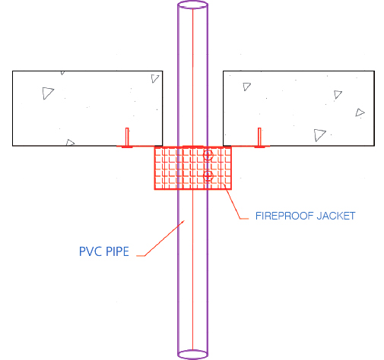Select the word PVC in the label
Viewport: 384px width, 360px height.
(x=90, y=251)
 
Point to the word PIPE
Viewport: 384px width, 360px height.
(x=117, y=251)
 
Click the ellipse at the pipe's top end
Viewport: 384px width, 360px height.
(x=192, y=2)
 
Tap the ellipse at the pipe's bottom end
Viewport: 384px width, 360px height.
(x=192, y=358)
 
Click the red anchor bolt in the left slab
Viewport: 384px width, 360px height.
(x=127, y=137)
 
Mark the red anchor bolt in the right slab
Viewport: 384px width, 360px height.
(x=259, y=137)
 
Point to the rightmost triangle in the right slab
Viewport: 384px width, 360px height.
(x=359, y=113)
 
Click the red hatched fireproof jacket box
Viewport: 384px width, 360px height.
(x=193, y=168)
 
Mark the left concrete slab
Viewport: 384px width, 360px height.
(x=87, y=109)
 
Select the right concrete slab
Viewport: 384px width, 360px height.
(x=299, y=109)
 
